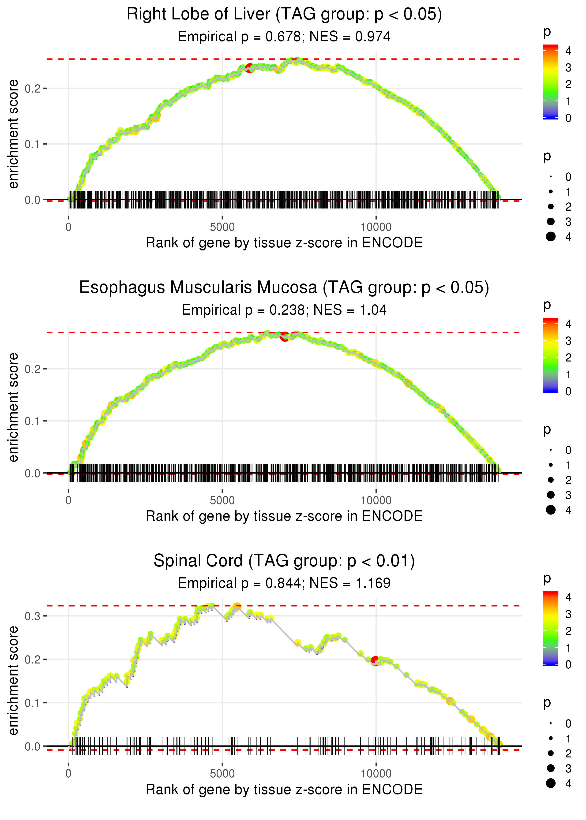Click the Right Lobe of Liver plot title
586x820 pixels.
[x=284, y=15]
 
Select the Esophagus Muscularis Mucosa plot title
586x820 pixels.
[x=284, y=288]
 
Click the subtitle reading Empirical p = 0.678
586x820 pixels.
[x=284, y=37]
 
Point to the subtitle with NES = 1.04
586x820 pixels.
[x=284, y=310]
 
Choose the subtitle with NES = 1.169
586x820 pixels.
[x=284, y=583]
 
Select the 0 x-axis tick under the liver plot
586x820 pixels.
[x=68, y=227]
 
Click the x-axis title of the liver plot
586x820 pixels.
[x=284, y=243]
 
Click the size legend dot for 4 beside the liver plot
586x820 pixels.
[x=551, y=237]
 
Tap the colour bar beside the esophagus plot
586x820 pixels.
[x=551, y=355]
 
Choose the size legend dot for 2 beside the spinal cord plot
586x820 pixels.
[x=551, y=753]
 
